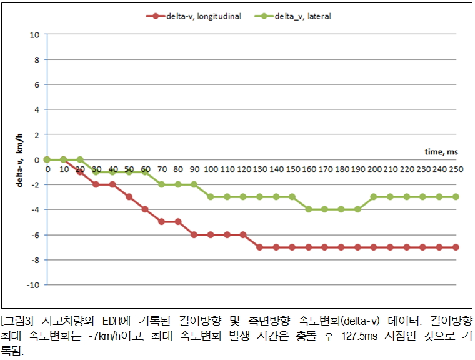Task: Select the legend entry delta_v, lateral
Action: coord(302,16)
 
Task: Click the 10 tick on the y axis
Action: coord(35,34)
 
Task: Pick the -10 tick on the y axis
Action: coord(34,285)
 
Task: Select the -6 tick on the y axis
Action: coord(35,235)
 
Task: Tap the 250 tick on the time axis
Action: coord(456,169)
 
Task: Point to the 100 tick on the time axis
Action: coord(211,169)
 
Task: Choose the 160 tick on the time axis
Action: coord(309,169)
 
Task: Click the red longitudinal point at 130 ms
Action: coord(259,247)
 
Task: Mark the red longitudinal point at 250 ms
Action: coord(456,247)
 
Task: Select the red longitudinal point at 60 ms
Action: coord(145,209)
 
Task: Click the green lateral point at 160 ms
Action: coord(309,209)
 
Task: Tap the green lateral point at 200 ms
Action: coord(374,197)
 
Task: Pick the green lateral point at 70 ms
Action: coord(161,184)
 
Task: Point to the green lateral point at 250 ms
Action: coord(456,197)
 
